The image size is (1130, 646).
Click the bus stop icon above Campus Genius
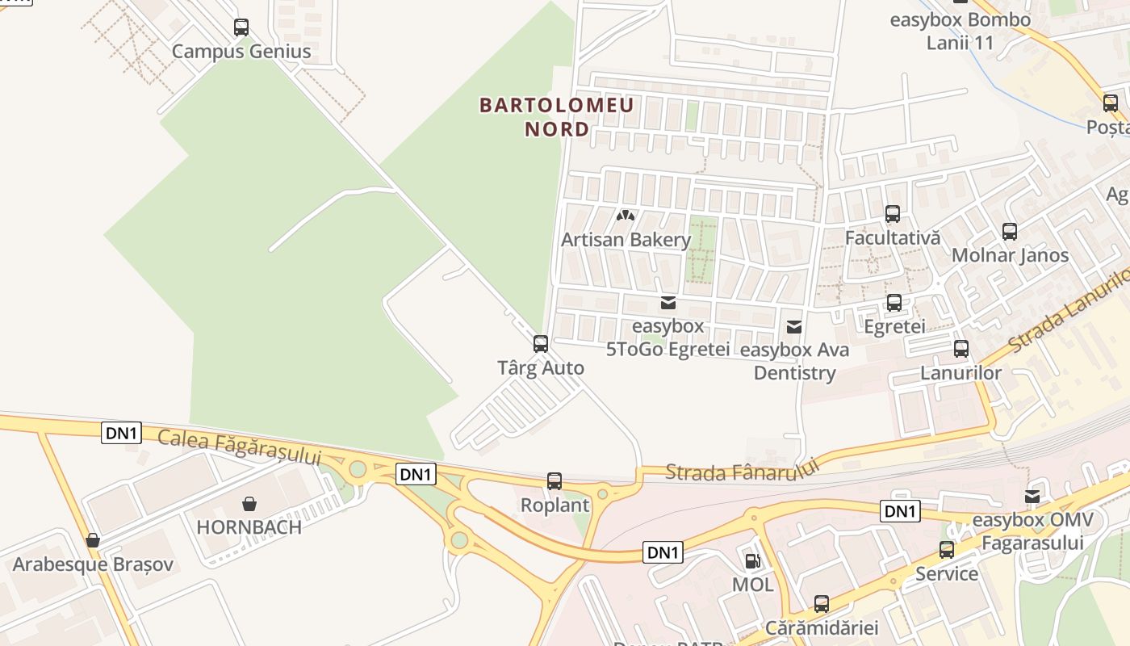pyautogui.click(x=241, y=27)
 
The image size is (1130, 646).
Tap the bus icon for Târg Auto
pyautogui.click(x=541, y=344)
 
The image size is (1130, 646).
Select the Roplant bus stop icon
pyautogui.click(x=555, y=481)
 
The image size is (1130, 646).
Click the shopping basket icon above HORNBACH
pyautogui.click(x=249, y=504)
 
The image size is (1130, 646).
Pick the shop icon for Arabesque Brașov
pyautogui.click(x=93, y=540)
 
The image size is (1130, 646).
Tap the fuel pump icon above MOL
pyautogui.click(x=752, y=560)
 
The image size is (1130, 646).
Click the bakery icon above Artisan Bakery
pyautogui.click(x=626, y=216)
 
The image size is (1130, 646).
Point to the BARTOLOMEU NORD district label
pyautogui.click(x=557, y=117)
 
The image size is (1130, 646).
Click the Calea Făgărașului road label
pyautogui.click(x=240, y=447)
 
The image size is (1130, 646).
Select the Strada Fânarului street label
pyautogui.click(x=743, y=470)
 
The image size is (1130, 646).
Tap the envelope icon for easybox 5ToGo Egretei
pyautogui.click(x=668, y=303)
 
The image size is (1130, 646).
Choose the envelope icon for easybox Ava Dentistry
pyautogui.click(x=794, y=326)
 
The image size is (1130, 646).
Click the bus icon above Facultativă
pyautogui.click(x=893, y=214)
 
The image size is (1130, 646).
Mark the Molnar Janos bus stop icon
pyautogui.click(x=1010, y=232)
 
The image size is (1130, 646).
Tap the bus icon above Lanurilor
pyautogui.click(x=961, y=349)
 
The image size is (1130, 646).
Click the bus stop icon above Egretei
pyautogui.click(x=894, y=303)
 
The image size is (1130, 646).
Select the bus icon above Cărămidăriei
pyautogui.click(x=822, y=603)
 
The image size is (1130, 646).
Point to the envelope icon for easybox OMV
pyautogui.click(x=1032, y=496)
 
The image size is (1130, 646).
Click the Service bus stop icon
pyautogui.click(x=947, y=550)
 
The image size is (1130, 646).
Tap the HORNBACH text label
pyautogui.click(x=249, y=527)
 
